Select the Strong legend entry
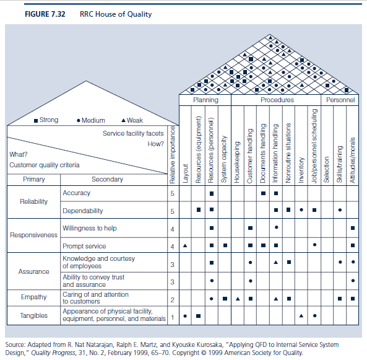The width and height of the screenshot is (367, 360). pyautogui.click(x=46, y=120)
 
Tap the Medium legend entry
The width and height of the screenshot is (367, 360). pyautogui.click(x=91, y=120)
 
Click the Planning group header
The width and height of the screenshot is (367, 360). pyautogui.click(x=205, y=99)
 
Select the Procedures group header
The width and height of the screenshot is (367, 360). pyautogui.click(x=277, y=99)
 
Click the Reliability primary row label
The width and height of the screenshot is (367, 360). pyautogui.click(x=33, y=202)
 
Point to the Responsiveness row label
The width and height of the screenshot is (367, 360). pyautogui.click(x=33, y=235)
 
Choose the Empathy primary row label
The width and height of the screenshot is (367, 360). pyautogui.click(x=33, y=297)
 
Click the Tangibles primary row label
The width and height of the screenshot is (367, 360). pyautogui.click(x=33, y=315)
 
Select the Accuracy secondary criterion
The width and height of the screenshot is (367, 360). pyautogui.click(x=76, y=193)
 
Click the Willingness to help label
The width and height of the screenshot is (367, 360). pyautogui.click(x=89, y=228)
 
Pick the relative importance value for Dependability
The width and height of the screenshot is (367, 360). pyautogui.click(x=173, y=211)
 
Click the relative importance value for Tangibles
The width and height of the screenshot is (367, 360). pyautogui.click(x=173, y=317)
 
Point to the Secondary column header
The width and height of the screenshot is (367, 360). pyautogui.click(x=107, y=179)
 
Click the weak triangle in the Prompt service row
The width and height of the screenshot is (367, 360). pyautogui.click(x=185, y=246)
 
